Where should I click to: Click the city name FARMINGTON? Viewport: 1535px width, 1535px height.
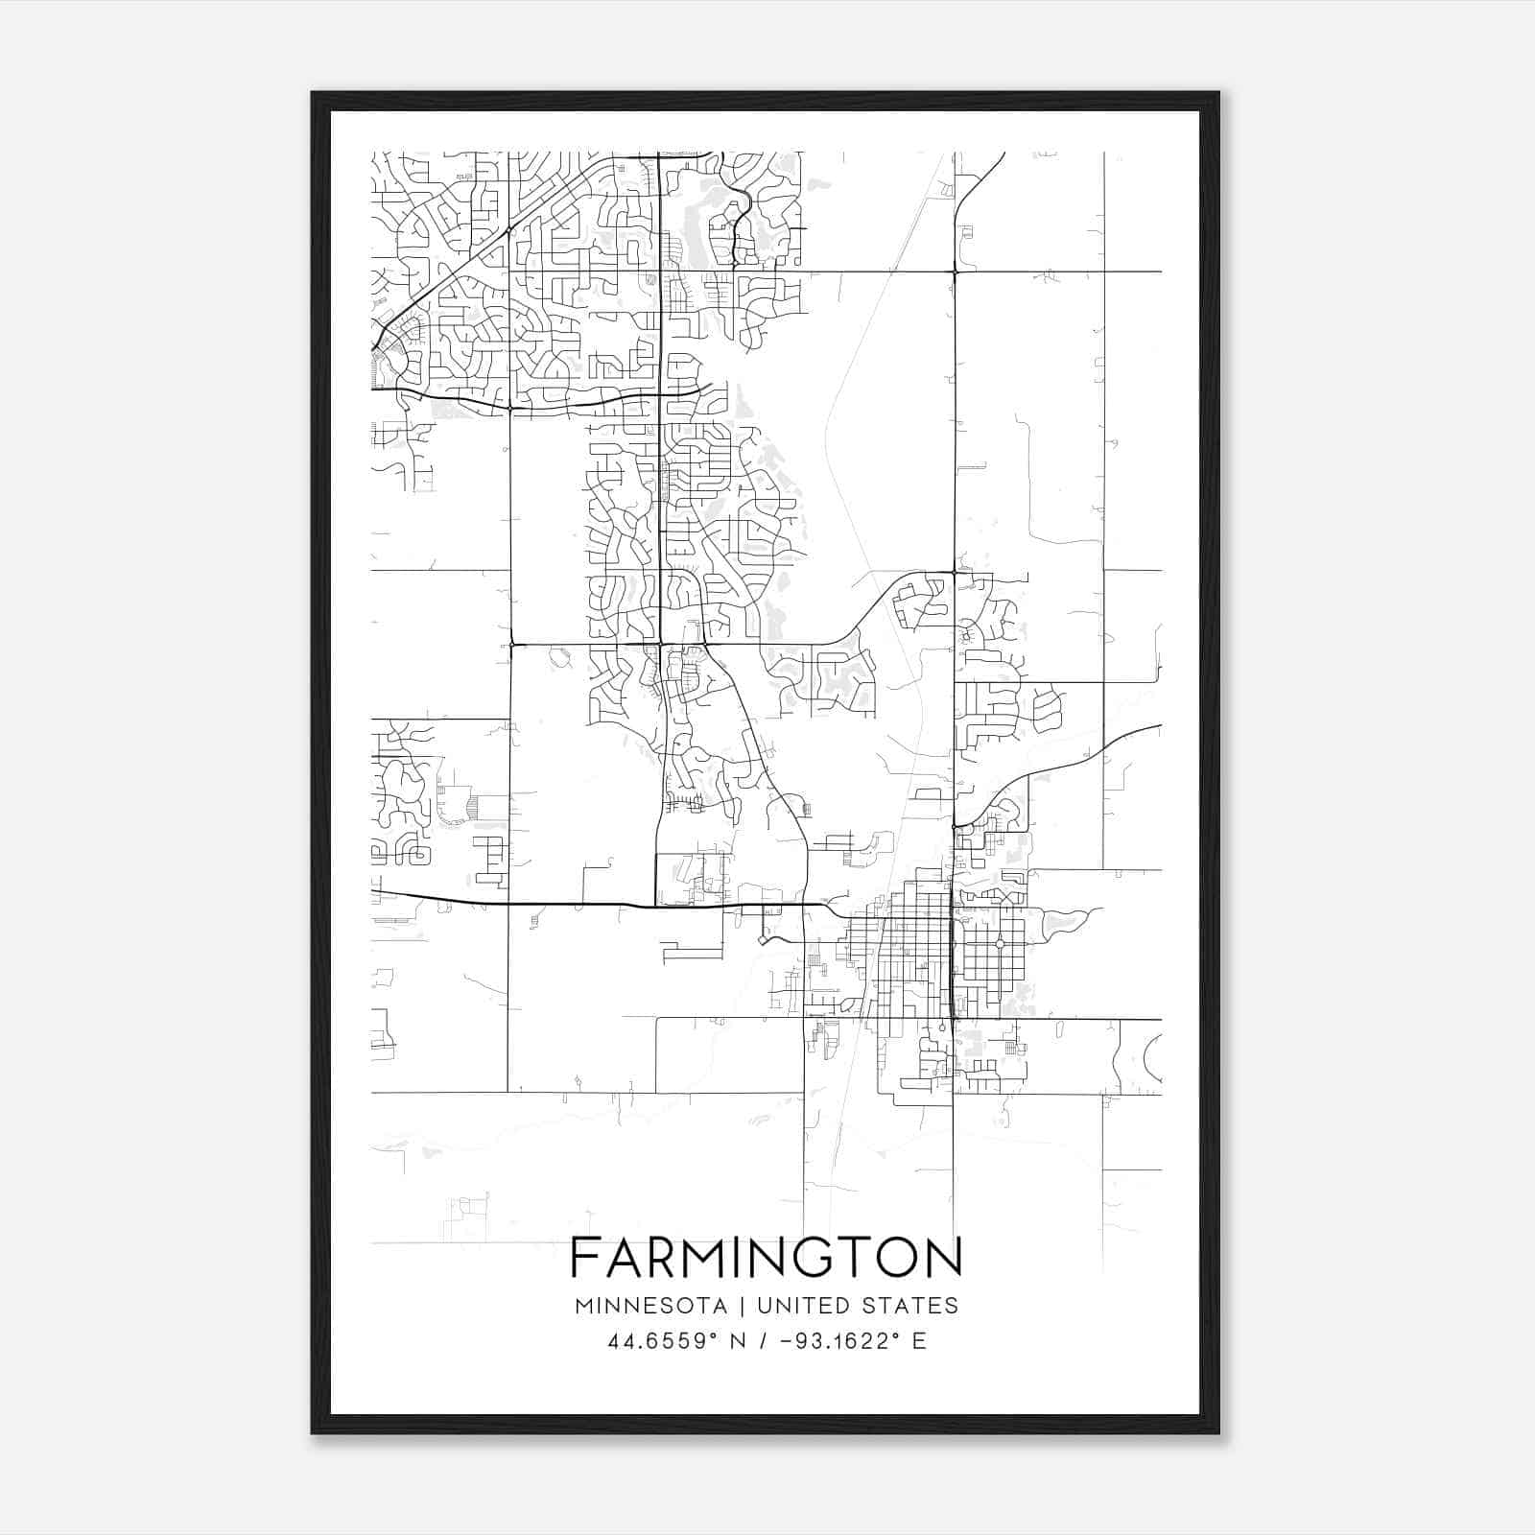[766, 1257]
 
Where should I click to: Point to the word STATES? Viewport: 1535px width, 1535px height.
[912, 1306]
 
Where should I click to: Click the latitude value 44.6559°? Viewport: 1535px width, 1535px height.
[663, 1341]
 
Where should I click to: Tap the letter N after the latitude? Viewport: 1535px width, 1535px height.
[738, 1341]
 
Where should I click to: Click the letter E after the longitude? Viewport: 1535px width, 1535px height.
[920, 1341]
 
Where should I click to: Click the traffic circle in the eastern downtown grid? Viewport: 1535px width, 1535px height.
[1000, 945]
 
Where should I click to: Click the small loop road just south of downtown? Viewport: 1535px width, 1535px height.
[941, 1027]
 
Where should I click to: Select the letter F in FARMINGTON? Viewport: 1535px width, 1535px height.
[583, 1257]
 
